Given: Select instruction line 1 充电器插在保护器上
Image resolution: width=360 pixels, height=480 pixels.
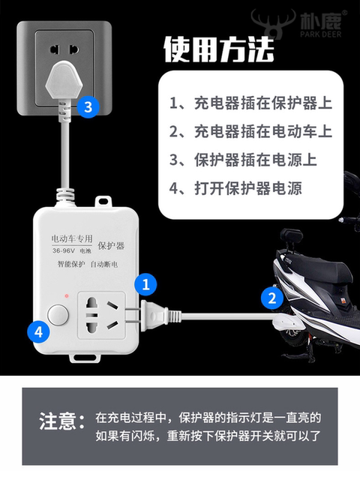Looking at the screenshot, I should coord(251,103).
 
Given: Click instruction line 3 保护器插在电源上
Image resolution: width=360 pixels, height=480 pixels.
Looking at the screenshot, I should coord(243,160).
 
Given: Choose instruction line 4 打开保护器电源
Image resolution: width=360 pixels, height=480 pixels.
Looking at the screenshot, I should coord(235,188).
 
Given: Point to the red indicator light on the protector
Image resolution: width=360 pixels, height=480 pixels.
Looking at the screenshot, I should coord(69,297).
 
